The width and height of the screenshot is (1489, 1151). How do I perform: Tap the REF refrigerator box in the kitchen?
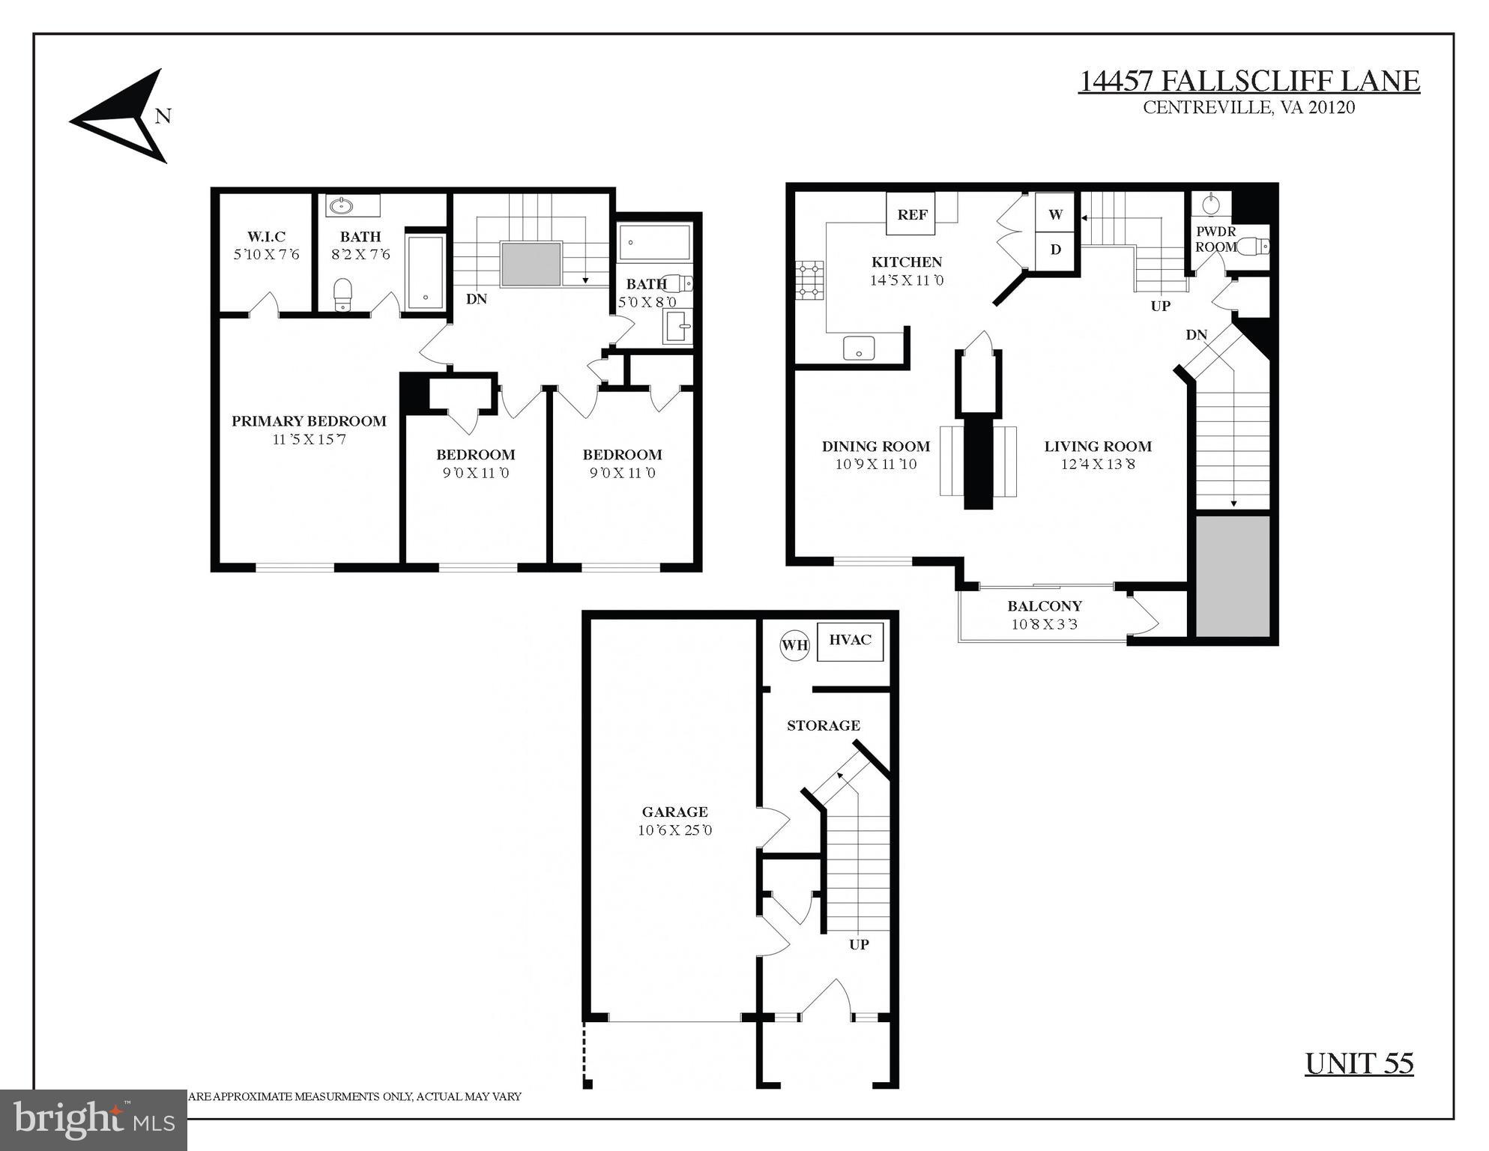pyautogui.click(x=912, y=215)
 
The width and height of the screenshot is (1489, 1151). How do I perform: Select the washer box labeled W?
pyautogui.click(x=1055, y=214)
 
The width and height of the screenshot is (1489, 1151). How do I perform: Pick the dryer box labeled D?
pyautogui.click(x=1055, y=250)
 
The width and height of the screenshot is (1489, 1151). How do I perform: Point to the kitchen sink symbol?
pyautogui.click(x=859, y=348)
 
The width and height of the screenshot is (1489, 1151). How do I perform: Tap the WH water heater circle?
pyautogui.click(x=794, y=645)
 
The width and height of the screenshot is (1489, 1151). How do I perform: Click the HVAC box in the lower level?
pyautogui.click(x=850, y=641)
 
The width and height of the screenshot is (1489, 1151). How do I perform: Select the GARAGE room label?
pyautogui.click(x=674, y=812)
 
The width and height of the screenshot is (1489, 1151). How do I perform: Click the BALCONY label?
pyautogui.click(x=1044, y=606)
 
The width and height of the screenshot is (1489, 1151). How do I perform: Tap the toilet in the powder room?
pyautogui.click(x=1253, y=246)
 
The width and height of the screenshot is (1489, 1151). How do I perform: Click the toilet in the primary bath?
pyautogui.click(x=342, y=294)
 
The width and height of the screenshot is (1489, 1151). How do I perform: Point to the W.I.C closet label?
pyautogui.click(x=266, y=237)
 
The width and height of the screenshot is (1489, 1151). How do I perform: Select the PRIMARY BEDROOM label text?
pyautogui.click(x=309, y=421)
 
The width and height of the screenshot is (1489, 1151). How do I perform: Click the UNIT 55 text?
pyautogui.click(x=1359, y=1063)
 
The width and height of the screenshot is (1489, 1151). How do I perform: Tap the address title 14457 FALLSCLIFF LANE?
pyautogui.click(x=1248, y=81)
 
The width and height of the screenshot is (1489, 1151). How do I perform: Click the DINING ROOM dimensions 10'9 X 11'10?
pyautogui.click(x=876, y=465)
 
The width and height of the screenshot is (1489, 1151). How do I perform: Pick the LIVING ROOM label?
pyautogui.click(x=1098, y=447)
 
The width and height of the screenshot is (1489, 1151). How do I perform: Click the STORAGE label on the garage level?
pyautogui.click(x=823, y=725)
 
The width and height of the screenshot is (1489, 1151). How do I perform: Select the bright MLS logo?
pyautogui.click(x=93, y=1120)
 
